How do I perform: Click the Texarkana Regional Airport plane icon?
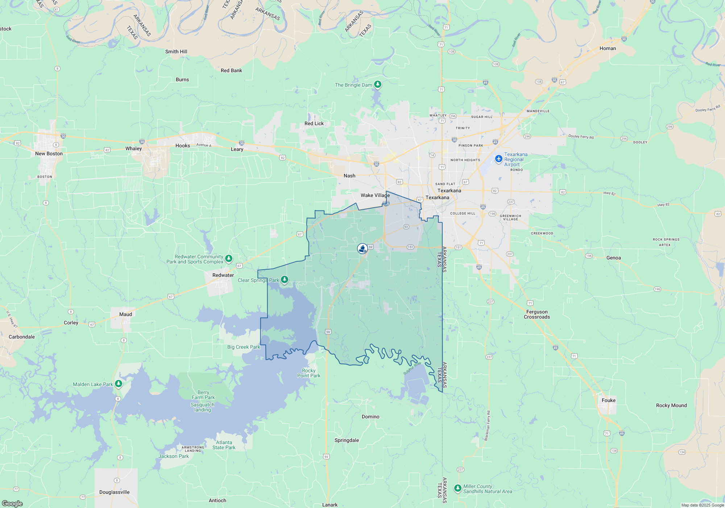click(499, 159)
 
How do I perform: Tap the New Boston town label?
click(49, 153)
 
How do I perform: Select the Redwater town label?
click(223, 275)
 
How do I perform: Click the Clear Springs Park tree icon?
click(285, 279)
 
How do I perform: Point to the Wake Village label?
click(375, 195)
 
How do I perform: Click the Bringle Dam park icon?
click(378, 85)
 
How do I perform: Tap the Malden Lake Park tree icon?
click(118, 384)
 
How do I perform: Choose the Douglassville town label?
click(114, 492)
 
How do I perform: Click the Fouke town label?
click(608, 400)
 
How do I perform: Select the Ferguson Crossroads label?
click(536, 314)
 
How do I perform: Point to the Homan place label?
click(608, 48)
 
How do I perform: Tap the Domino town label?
click(370, 417)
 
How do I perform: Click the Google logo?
click(12, 503)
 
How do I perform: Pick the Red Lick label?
click(314, 123)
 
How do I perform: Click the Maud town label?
click(125, 314)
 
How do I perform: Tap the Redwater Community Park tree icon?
click(228, 258)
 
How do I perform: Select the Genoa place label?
click(613, 258)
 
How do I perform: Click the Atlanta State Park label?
click(224, 445)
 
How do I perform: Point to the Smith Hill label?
click(176, 52)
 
